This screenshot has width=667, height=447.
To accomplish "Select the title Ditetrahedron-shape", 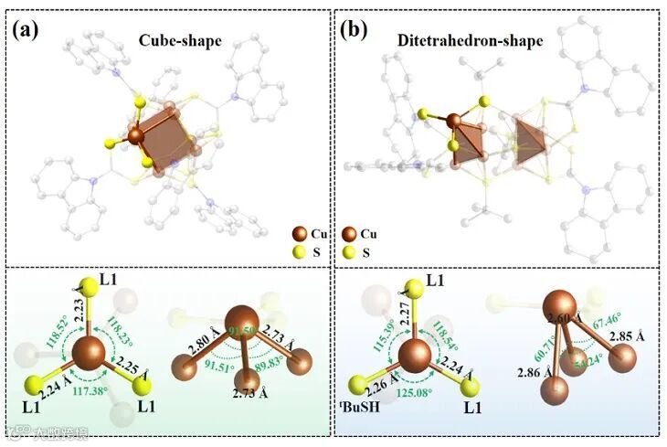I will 492,41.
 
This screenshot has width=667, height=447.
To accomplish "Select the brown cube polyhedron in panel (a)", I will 170,136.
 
